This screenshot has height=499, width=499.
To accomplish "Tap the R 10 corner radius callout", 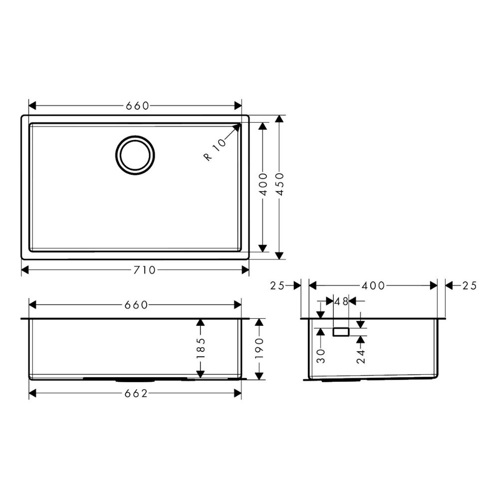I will [215, 150].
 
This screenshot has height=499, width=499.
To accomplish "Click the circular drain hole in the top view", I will [134, 155].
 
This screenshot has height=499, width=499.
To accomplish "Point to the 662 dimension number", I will [136, 394].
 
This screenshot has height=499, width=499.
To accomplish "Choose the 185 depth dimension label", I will [201, 349].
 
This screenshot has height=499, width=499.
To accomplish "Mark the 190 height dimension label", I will [258, 349].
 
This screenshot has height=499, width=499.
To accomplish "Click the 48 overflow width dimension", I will [341, 301].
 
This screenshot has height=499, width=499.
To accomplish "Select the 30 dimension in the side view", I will [320, 355].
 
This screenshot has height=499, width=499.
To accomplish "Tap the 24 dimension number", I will [361, 356].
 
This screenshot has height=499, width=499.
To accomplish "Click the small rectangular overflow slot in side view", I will [341, 332].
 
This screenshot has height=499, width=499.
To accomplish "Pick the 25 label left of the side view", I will [277, 285].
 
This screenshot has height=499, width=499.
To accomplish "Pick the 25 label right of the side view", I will [470, 285].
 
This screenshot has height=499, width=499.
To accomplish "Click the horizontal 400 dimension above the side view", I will [373, 285].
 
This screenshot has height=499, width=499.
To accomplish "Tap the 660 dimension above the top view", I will [137, 106].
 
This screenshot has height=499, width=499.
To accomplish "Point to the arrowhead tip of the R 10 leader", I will [240, 124].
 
